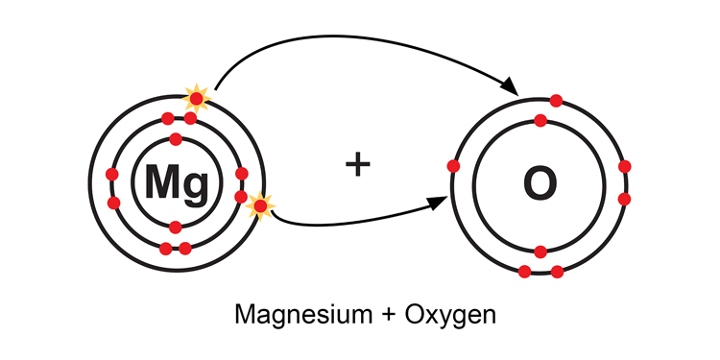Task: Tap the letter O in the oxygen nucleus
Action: (540, 182)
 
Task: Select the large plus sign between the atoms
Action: (358, 164)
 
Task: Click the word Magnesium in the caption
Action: (294, 314)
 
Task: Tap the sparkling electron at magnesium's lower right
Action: (259, 204)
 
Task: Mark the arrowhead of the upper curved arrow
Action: (513, 89)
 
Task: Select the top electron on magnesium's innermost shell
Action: (176, 139)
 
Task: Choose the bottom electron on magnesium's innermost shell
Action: (176, 227)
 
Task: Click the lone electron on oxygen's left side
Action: (453, 166)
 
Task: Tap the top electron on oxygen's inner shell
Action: (540, 120)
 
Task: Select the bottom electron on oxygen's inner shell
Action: (540, 252)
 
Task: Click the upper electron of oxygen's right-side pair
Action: (625, 166)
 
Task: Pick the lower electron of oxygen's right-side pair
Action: (625, 199)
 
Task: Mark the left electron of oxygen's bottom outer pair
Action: (524, 272)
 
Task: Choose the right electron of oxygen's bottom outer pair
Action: (557, 272)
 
